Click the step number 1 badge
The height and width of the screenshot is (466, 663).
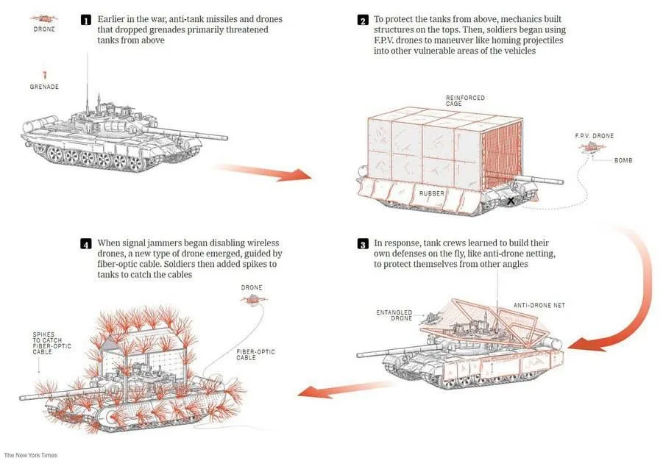click(x=86, y=20)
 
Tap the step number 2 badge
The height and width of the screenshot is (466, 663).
click(x=362, y=20)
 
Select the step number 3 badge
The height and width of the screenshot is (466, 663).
click(x=362, y=244)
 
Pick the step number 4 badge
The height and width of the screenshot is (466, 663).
click(x=86, y=244)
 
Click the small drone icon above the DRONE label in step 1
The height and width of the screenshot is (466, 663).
click(x=44, y=18)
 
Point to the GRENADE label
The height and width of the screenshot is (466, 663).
click(x=44, y=87)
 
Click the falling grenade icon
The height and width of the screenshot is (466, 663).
click(x=45, y=75)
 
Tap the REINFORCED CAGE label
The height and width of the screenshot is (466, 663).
click(x=465, y=100)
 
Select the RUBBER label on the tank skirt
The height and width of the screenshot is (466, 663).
click(x=432, y=193)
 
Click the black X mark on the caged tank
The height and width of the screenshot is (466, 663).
click(x=511, y=201)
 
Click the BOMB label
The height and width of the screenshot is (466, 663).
click(x=623, y=160)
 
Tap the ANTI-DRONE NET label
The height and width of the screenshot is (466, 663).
click(x=539, y=305)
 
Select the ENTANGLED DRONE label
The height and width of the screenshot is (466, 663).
click(x=394, y=315)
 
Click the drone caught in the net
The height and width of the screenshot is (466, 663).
click(x=430, y=318)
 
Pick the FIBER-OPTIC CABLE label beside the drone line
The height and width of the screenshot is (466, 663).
click(x=255, y=354)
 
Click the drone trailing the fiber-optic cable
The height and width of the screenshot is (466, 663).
click(x=254, y=300)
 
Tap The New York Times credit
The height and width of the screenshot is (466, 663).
click(x=30, y=455)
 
